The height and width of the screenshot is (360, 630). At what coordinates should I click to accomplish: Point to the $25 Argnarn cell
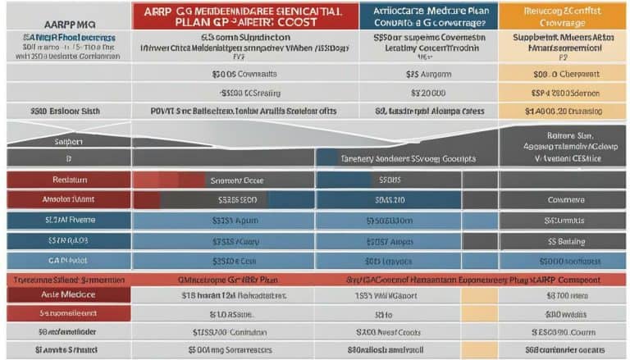[x=426, y=74]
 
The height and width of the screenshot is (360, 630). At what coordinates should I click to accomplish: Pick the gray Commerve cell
[x=564, y=198]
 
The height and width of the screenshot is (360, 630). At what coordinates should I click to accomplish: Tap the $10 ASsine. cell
[x=229, y=312]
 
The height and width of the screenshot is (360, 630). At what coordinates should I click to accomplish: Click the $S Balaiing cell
[x=564, y=242]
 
